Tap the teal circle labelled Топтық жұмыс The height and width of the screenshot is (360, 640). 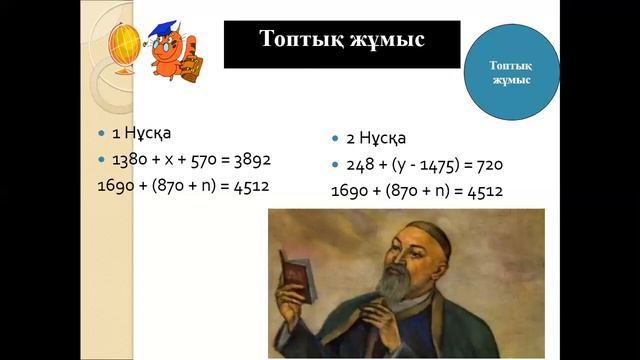[x=511, y=71]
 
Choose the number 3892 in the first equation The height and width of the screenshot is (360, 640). [x=249, y=159]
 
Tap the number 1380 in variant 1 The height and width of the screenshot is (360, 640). [x=129, y=159]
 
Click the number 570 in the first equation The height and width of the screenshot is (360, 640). [x=201, y=159]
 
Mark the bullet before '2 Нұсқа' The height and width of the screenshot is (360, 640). [x=335, y=139]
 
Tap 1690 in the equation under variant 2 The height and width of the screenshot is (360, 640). [x=350, y=190]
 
